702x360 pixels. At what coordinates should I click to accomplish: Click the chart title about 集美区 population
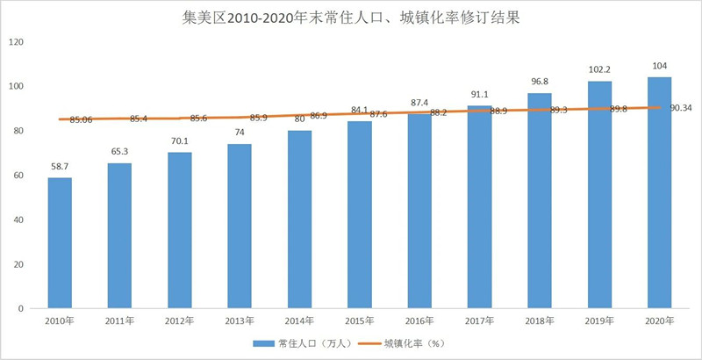point(351,17)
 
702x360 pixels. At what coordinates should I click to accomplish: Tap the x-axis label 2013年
point(240,321)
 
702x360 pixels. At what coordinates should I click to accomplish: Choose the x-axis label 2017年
point(479,321)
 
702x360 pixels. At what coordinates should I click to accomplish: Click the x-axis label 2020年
point(659,321)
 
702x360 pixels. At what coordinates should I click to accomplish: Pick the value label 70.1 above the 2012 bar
point(179,140)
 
